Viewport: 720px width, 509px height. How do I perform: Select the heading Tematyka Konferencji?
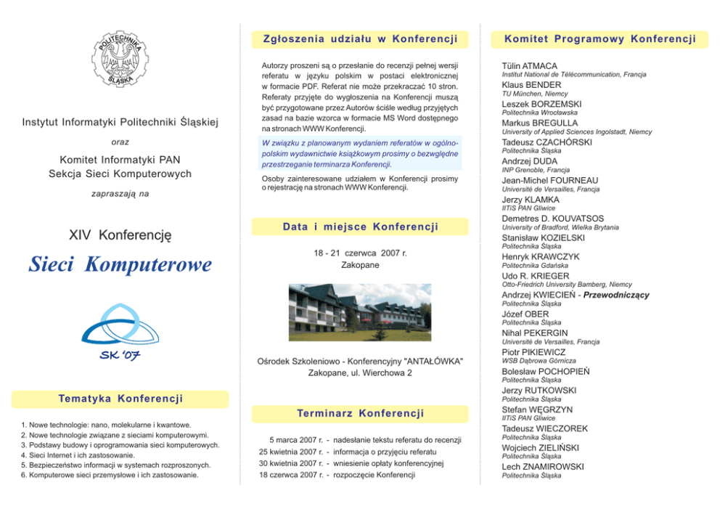tap(120, 399)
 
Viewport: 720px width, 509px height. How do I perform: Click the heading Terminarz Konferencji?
tap(360, 413)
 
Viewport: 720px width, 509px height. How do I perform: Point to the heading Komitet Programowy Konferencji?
tap(600, 39)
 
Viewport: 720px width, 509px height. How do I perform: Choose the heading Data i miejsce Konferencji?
tap(360, 227)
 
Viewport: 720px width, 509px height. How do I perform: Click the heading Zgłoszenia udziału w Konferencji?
tap(360, 39)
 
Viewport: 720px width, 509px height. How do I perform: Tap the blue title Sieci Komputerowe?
tap(120, 264)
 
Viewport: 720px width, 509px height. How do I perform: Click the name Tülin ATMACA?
tap(529, 66)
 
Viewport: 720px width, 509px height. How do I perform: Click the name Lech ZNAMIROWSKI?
tap(542, 467)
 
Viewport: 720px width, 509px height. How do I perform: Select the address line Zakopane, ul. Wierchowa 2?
tap(360, 372)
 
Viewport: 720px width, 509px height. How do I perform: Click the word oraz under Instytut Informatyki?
tap(120, 142)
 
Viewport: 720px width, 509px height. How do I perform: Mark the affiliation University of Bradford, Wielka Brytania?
tap(560, 227)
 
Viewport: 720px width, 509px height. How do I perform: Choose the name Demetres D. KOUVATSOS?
tap(552, 219)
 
